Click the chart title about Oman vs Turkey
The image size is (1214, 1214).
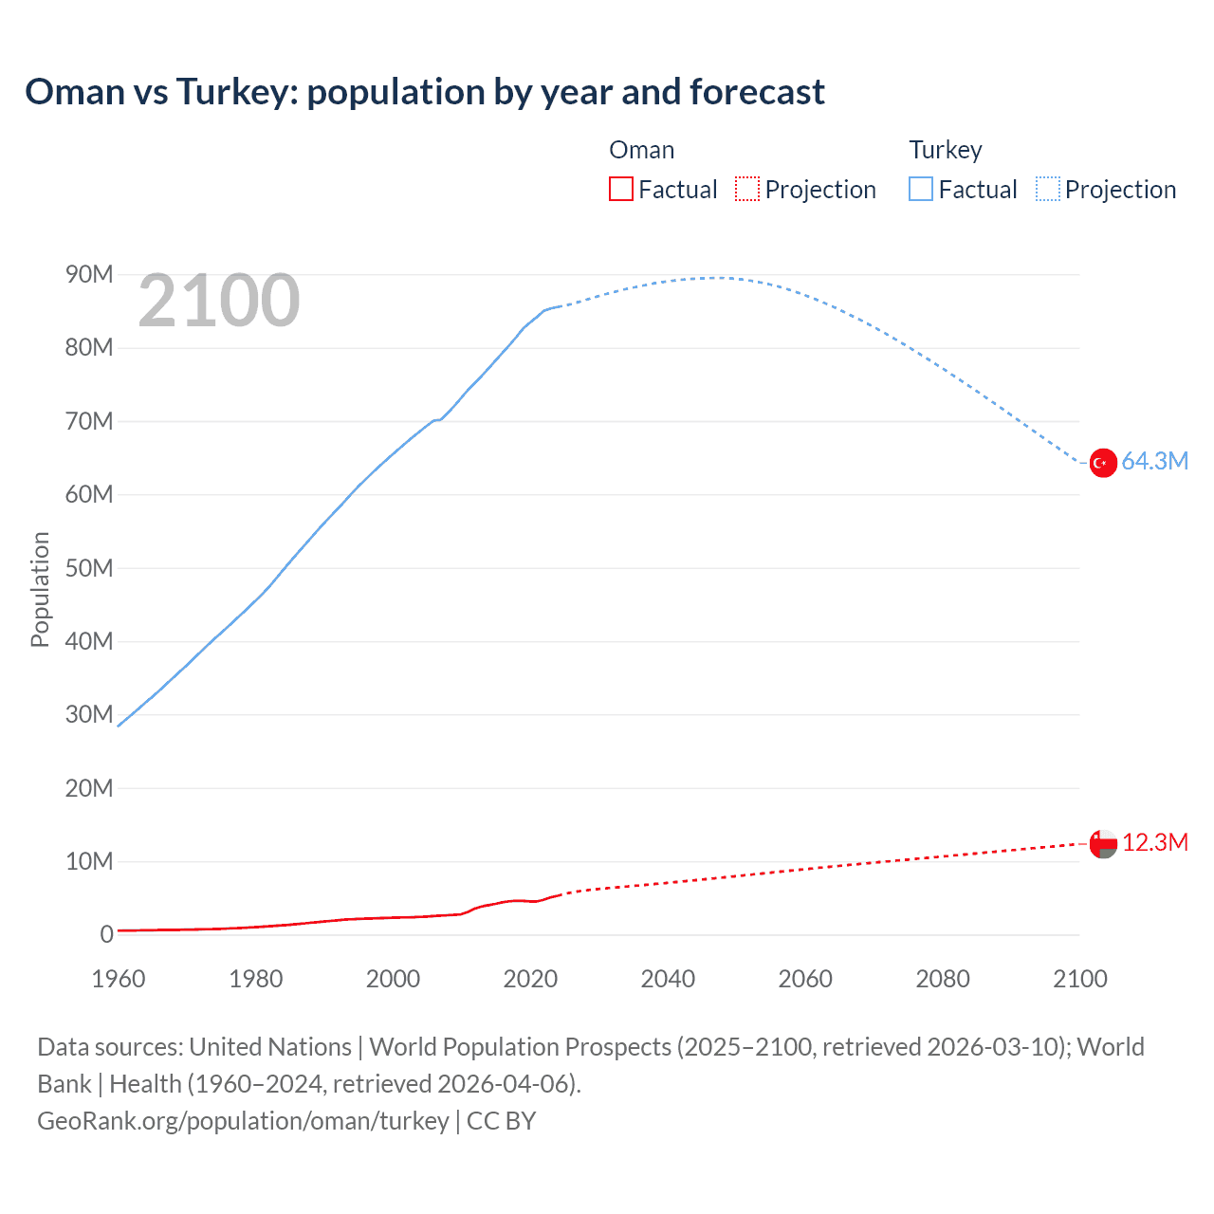coord(425,92)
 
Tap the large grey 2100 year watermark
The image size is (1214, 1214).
coord(219,302)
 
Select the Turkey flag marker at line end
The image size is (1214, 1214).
coord(1103,463)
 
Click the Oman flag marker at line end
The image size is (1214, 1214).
coord(1103,843)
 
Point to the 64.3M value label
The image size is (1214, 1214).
coord(1154,462)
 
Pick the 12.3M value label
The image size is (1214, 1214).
coord(1154,843)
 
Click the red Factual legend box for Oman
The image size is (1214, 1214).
coord(621,190)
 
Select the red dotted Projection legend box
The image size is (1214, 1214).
coord(747,190)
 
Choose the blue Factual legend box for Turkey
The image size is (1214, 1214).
coord(921,190)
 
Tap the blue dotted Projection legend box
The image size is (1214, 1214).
coord(1048,190)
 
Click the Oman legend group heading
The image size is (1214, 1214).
coord(642,150)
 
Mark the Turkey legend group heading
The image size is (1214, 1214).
coord(946,150)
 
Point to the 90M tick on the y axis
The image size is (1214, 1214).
coord(89,275)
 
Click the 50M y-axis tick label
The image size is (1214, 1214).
coord(89,568)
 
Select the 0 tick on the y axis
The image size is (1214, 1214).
coord(106,935)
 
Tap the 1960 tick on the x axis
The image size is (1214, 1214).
coord(119,979)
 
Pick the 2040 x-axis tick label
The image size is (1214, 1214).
coord(668,979)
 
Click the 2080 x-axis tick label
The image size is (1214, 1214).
coord(943,979)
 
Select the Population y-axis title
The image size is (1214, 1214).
coord(40,589)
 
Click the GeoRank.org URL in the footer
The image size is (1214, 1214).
coord(243,1121)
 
